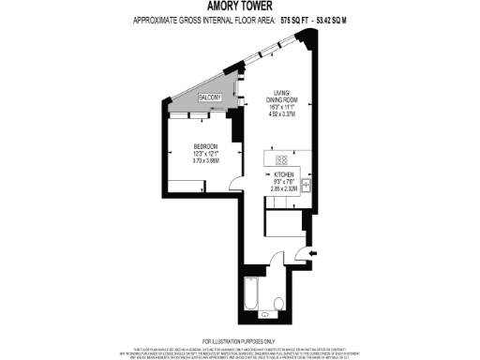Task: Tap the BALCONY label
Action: [x=210, y=97]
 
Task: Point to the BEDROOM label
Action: [x=206, y=146]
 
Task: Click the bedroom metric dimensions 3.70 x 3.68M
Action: [x=206, y=161]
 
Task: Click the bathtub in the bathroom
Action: [x=250, y=295]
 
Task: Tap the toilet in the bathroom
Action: [x=278, y=303]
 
